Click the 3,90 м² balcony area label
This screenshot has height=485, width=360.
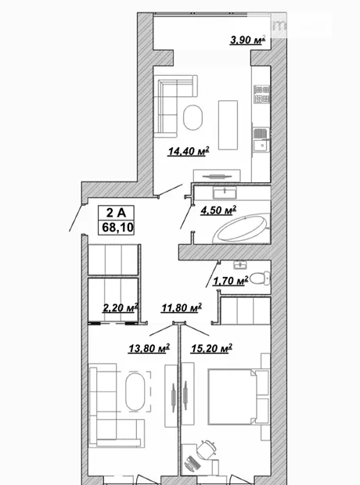[x=247, y=40]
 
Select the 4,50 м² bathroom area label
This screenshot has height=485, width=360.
[x=218, y=210]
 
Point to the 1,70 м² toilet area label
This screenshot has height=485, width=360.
[x=231, y=281]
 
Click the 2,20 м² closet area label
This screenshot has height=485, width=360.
[x=120, y=307]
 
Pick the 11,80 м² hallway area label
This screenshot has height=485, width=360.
[x=182, y=307]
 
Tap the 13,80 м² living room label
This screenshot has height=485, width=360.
[x=149, y=348]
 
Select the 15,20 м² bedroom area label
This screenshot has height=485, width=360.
[x=212, y=349]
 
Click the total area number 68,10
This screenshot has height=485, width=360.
[x=117, y=228]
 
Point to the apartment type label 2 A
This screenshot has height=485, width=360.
[x=116, y=213]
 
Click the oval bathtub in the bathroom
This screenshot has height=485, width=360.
[x=242, y=228]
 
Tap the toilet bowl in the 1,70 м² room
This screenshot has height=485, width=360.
[x=259, y=278]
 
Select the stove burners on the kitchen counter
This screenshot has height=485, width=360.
[x=262, y=95]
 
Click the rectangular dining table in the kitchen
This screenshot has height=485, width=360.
[x=229, y=125]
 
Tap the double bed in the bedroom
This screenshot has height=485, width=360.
[x=232, y=397]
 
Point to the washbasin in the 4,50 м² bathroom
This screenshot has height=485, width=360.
[x=225, y=192]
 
